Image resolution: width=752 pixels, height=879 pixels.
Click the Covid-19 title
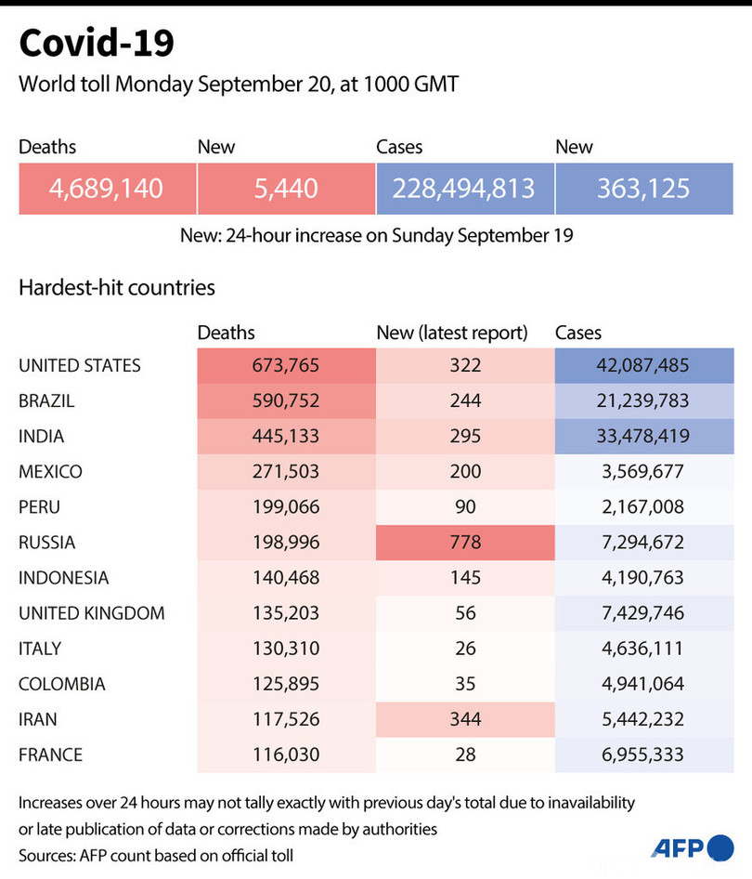click(96, 44)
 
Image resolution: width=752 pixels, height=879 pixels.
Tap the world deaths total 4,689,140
click(107, 189)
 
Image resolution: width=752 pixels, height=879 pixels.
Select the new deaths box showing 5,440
click(286, 189)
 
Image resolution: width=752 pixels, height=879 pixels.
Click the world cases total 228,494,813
click(464, 189)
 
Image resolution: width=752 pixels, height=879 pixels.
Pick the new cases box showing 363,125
click(644, 189)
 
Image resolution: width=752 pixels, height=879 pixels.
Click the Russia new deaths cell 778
click(464, 543)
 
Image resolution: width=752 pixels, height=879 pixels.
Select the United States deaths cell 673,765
click(286, 366)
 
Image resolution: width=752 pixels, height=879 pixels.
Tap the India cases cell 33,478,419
click(644, 437)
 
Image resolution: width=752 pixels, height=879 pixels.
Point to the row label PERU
click(42, 507)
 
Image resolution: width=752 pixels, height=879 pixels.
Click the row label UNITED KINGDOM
click(92, 613)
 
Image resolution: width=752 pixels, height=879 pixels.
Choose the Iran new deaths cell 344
click(464, 719)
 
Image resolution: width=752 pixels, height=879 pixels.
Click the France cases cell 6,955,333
click(644, 754)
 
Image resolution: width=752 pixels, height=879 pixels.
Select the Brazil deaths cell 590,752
click(286, 401)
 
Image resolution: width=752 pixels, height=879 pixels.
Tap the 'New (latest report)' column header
click(451, 333)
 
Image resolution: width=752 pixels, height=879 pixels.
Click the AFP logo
click(692, 847)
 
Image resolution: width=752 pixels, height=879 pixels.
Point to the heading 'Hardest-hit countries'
click(117, 287)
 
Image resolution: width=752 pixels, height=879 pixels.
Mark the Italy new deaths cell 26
click(464, 649)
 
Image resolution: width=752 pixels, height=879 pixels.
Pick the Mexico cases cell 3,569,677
click(644, 472)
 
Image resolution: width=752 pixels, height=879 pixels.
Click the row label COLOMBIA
click(62, 684)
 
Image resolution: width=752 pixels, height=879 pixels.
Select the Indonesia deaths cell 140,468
click(286, 578)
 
